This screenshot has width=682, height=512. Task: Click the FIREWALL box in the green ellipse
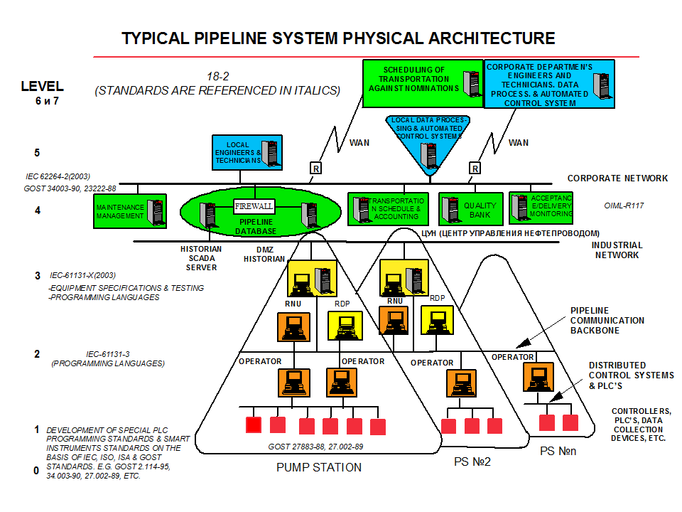point(254,206)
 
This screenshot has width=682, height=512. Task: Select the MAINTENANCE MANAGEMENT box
point(130,211)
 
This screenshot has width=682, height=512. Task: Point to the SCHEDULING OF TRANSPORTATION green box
point(422,83)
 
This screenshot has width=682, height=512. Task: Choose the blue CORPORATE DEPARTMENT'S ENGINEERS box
point(548,84)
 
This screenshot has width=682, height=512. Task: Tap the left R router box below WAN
point(315,168)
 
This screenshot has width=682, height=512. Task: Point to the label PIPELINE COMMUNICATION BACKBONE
point(607,321)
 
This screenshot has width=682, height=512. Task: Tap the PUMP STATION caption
point(319,467)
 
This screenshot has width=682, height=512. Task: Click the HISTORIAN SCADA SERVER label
point(202,257)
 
